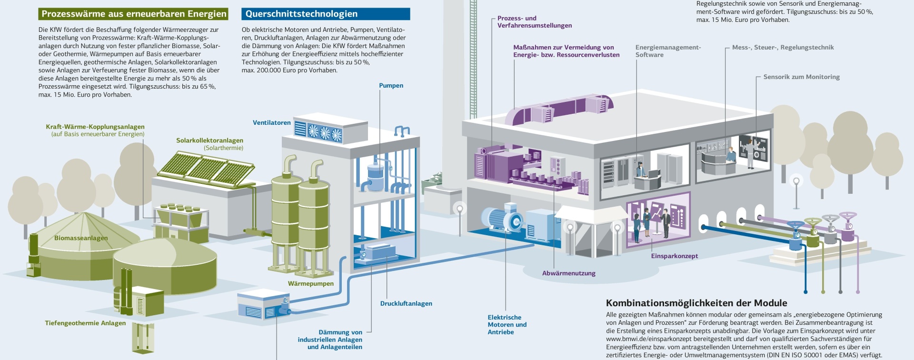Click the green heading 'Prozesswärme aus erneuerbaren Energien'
pyautogui.click(x=133, y=14)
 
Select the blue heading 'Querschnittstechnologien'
pyautogui.click(x=301, y=14)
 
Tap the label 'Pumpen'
pyautogui.click(x=391, y=86)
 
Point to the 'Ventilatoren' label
pyautogui.click(x=271, y=123)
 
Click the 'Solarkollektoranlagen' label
pyautogui.click(x=209, y=140)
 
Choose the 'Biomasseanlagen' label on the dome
pyautogui.click(x=81, y=238)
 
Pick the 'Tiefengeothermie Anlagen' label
pyautogui.click(x=85, y=323)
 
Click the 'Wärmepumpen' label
pyautogui.click(x=310, y=284)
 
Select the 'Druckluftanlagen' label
pyautogui.click(x=406, y=304)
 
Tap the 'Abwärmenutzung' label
pyautogui.click(x=568, y=273)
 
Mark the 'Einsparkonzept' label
pyautogui.click(x=674, y=256)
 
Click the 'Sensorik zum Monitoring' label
pyautogui.click(x=801, y=77)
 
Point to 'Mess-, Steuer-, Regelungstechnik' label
pyautogui.click(x=783, y=48)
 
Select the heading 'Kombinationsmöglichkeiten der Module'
pyautogui.click(x=696, y=303)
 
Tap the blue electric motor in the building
pyautogui.click(x=502, y=220)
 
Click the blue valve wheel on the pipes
pyautogui.click(x=795, y=225)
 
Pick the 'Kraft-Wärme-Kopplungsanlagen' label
pyautogui.click(x=95, y=127)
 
